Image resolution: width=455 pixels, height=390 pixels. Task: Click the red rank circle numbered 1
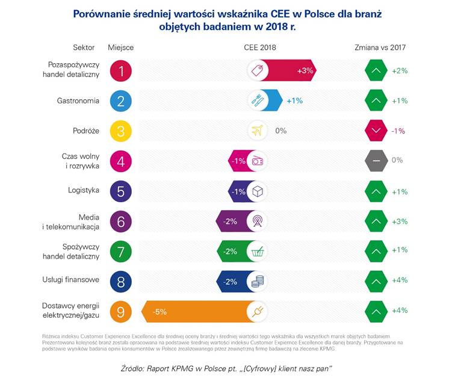click(x=121, y=70)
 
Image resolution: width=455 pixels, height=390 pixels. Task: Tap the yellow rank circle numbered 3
click(x=121, y=131)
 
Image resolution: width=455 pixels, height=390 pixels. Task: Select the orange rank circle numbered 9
click(x=121, y=311)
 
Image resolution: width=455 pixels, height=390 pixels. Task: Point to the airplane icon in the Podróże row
click(x=257, y=131)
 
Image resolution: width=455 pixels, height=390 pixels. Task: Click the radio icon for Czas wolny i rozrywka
click(x=257, y=161)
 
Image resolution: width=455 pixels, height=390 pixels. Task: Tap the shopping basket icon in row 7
click(x=257, y=252)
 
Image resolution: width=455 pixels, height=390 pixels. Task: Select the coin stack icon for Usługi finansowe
click(x=257, y=282)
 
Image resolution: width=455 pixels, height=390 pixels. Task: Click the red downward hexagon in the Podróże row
click(x=376, y=131)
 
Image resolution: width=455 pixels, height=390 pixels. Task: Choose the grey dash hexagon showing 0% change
click(x=376, y=161)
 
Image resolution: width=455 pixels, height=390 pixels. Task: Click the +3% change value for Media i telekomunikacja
click(x=400, y=221)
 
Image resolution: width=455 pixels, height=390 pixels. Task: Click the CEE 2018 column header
click(x=260, y=48)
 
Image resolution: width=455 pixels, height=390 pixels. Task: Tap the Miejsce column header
click(x=120, y=48)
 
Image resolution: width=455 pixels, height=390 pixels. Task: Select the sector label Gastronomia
click(x=78, y=101)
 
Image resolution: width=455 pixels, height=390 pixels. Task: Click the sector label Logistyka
click(x=84, y=191)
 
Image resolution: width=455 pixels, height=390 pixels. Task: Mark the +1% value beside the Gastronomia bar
click(x=294, y=101)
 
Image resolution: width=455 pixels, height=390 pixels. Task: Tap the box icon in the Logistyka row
click(x=257, y=191)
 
